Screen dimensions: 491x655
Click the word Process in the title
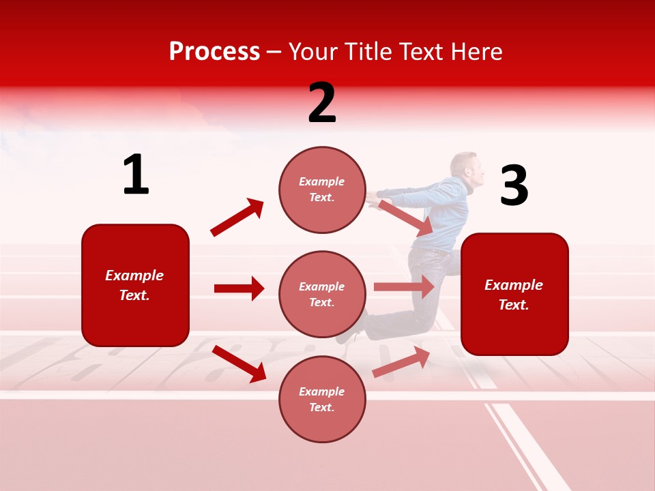pyautogui.click(x=214, y=52)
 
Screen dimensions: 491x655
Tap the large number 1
pyautogui.click(x=136, y=175)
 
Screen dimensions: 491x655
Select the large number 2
pyautogui.click(x=322, y=103)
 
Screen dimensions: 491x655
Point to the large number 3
pyautogui.click(x=514, y=186)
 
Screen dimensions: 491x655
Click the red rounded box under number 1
pyautogui.click(x=135, y=285)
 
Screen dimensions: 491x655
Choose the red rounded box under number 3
pyautogui.click(x=514, y=295)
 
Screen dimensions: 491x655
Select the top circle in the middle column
pyautogui.click(x=322, y=190)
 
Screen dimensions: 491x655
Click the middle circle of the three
pyautogui.click(x=322, y=295)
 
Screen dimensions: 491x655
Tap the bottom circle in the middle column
pyautogui.click(x=322, y=400)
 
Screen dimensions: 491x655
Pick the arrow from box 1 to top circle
pyautogui.click(x=237, y=218)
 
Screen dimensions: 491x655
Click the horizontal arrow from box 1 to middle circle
pyautogui.click(x=239, y=288)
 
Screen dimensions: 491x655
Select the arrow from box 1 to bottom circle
pyautogui.click(x=239, y=363)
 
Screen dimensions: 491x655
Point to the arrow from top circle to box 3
pyautogui.click(x=405, y=218)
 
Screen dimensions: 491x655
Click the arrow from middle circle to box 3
pyautogui.click(x=404, y=287)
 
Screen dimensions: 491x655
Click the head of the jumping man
pyautogui.click(x=466, y=169)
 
